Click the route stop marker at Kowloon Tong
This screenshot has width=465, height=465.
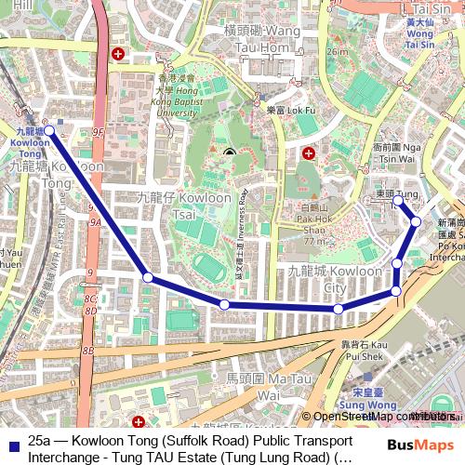49,132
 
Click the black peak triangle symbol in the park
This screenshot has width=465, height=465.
229,152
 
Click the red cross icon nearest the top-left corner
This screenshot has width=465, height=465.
118,55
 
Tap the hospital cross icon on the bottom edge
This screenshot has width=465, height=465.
139,423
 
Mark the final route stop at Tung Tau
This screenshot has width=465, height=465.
397,200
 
